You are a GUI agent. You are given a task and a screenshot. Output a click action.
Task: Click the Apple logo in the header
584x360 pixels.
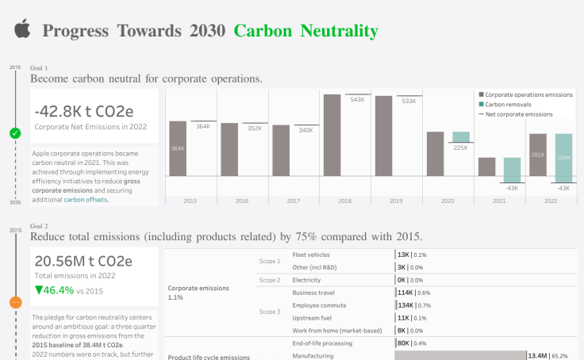pos(21,30)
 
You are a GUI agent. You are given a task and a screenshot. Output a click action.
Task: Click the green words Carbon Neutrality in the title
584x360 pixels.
pos(305,31)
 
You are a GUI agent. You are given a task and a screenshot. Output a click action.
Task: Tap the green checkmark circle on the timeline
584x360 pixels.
pos(15,133)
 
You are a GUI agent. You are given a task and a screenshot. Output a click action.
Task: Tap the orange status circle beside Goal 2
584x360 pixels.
pos(15,302)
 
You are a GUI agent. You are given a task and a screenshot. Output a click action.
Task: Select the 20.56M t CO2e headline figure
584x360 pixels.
pos(83,261)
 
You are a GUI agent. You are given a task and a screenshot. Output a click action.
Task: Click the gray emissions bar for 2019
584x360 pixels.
pos(384,136)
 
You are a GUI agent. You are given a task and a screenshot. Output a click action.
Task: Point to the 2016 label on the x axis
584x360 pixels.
pos(242,201)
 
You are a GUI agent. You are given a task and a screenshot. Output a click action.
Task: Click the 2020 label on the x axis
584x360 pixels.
pos(448,201)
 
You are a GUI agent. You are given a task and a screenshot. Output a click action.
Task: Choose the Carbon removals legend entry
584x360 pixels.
pos(508,104)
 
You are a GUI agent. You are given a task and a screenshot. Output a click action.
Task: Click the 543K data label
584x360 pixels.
pos(357,100)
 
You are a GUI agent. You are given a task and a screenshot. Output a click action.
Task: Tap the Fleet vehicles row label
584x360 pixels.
pos(311,255)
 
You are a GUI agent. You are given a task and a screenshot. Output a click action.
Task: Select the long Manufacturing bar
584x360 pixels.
pos(460,356)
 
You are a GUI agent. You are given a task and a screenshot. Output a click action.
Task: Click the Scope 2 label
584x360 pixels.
pos(270,280)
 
